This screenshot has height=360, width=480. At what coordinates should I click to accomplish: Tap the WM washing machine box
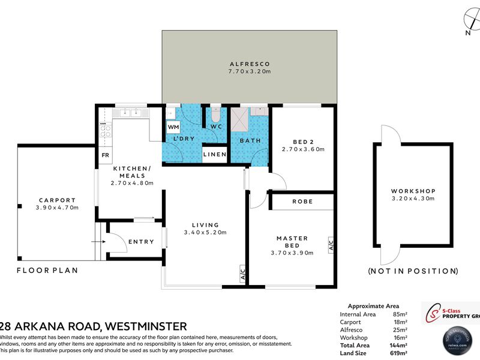173,127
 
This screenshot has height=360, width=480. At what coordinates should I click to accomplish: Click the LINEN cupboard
214,155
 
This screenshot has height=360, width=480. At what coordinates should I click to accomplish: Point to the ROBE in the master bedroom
302,202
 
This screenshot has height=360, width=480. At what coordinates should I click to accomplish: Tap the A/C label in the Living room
242,274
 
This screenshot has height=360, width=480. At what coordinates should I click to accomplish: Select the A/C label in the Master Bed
331,244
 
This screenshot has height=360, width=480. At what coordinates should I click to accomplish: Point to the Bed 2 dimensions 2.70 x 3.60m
303,149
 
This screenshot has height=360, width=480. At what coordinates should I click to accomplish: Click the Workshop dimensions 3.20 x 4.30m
413,198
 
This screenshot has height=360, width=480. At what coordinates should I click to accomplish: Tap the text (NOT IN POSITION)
413,271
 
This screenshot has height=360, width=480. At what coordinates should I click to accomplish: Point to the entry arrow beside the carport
95,241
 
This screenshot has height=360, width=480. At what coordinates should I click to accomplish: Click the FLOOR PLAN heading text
47,271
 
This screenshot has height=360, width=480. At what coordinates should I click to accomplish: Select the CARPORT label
57,200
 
